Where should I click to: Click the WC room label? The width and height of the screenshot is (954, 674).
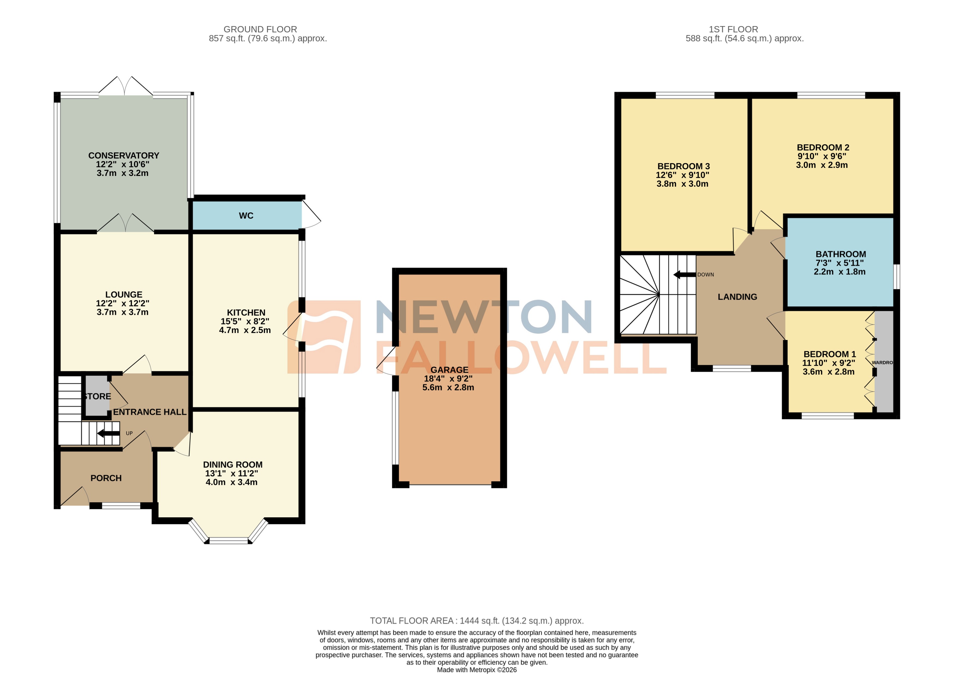[x=246, y=215]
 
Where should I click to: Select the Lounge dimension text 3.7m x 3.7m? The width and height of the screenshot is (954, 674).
[x=123, y=312]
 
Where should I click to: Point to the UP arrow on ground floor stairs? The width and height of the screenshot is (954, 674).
[x=108, y=433]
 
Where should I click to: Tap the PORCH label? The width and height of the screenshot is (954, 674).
[x=106, y=478]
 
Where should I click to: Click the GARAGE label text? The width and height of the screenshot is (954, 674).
[x=449, y=370]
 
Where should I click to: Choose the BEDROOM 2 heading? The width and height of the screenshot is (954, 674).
[x=823, y=147]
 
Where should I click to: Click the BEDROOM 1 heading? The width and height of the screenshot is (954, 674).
[x=829, y=354]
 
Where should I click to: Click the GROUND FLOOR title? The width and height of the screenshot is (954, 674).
[x=260, y=29]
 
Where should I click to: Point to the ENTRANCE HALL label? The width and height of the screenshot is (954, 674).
[x=150, y=412]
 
